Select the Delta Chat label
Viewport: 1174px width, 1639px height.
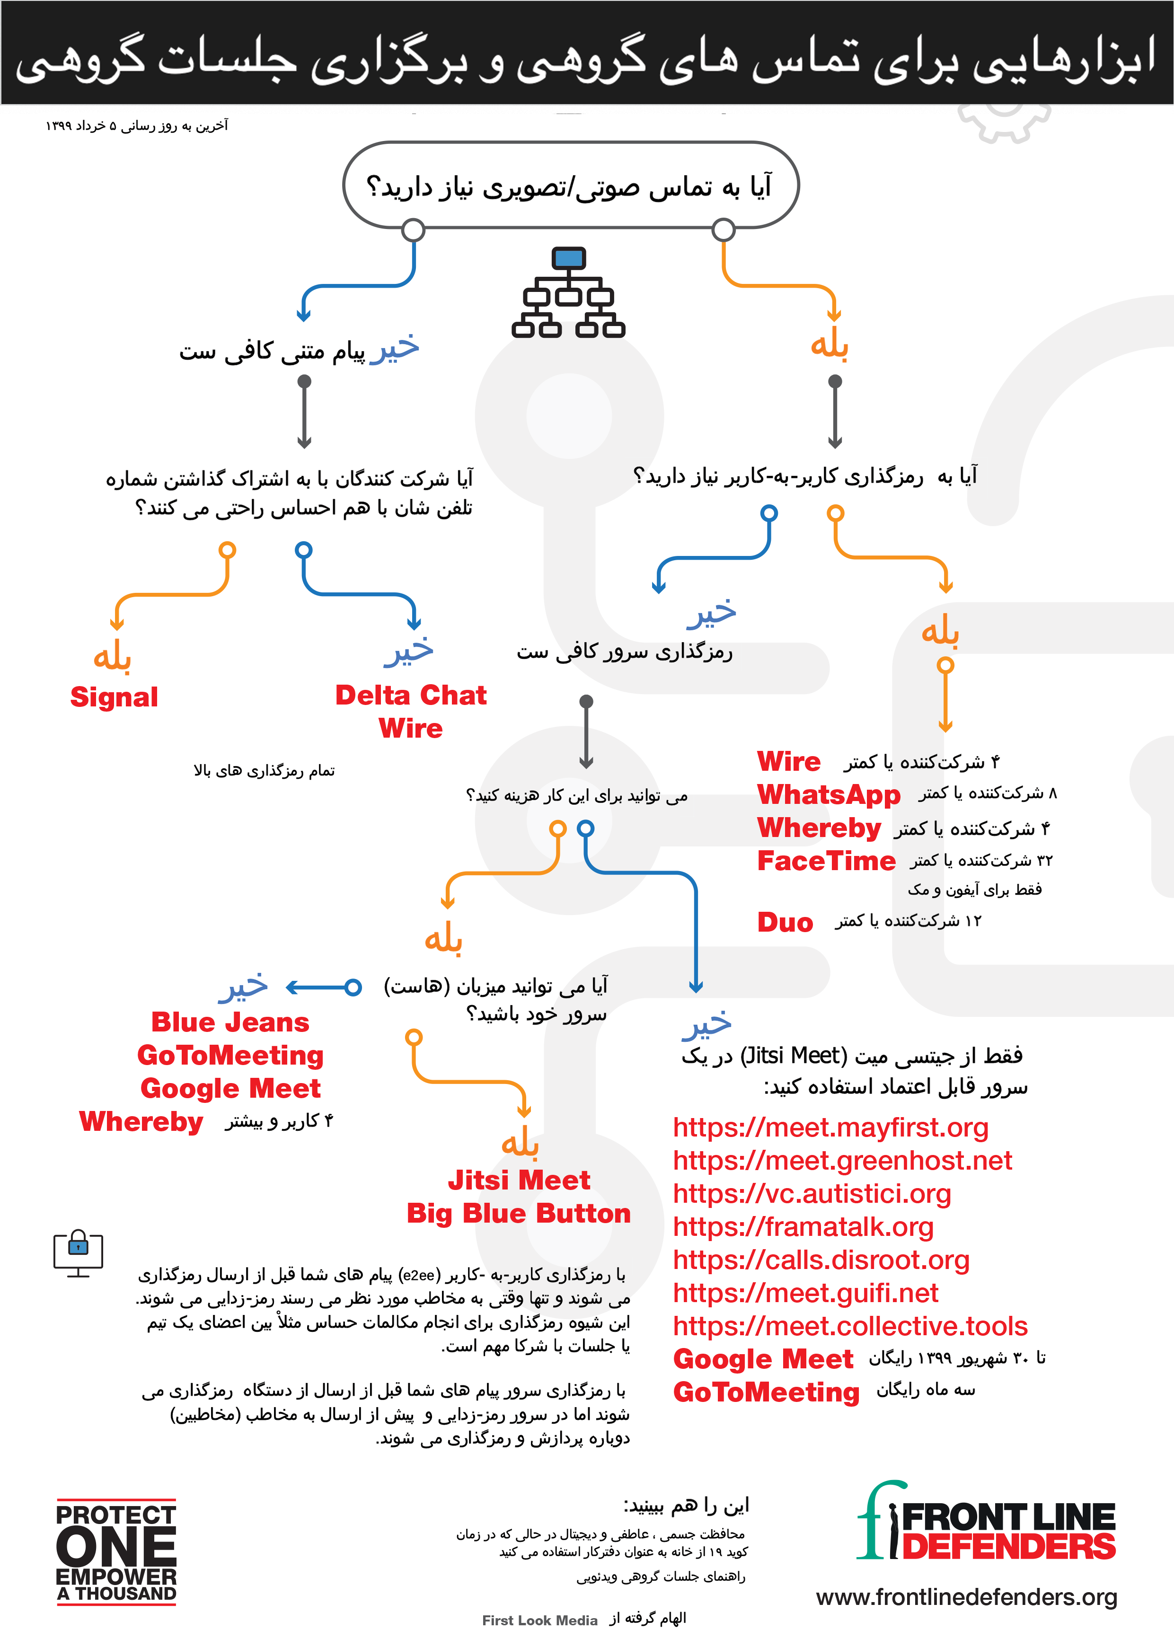[411, 695]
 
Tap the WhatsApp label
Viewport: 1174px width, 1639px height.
[829, 795]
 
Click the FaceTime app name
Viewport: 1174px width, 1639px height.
[826, 861]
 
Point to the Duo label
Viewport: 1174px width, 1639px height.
[785, 922]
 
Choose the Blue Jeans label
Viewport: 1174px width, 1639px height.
[230, 1022]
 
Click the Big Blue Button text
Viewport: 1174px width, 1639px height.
[518, 1213]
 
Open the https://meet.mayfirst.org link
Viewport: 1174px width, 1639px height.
[830, 1128]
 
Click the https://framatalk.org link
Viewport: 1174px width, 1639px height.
[803, 1226]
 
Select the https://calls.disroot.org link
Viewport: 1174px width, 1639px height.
[821, 1260]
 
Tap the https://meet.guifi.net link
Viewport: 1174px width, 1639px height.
[805, 1293]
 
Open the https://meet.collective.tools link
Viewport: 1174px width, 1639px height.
[850, 1326]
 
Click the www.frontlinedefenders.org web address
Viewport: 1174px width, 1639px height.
[967, 1596]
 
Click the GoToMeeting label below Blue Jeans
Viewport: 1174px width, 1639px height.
[230, 1056]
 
